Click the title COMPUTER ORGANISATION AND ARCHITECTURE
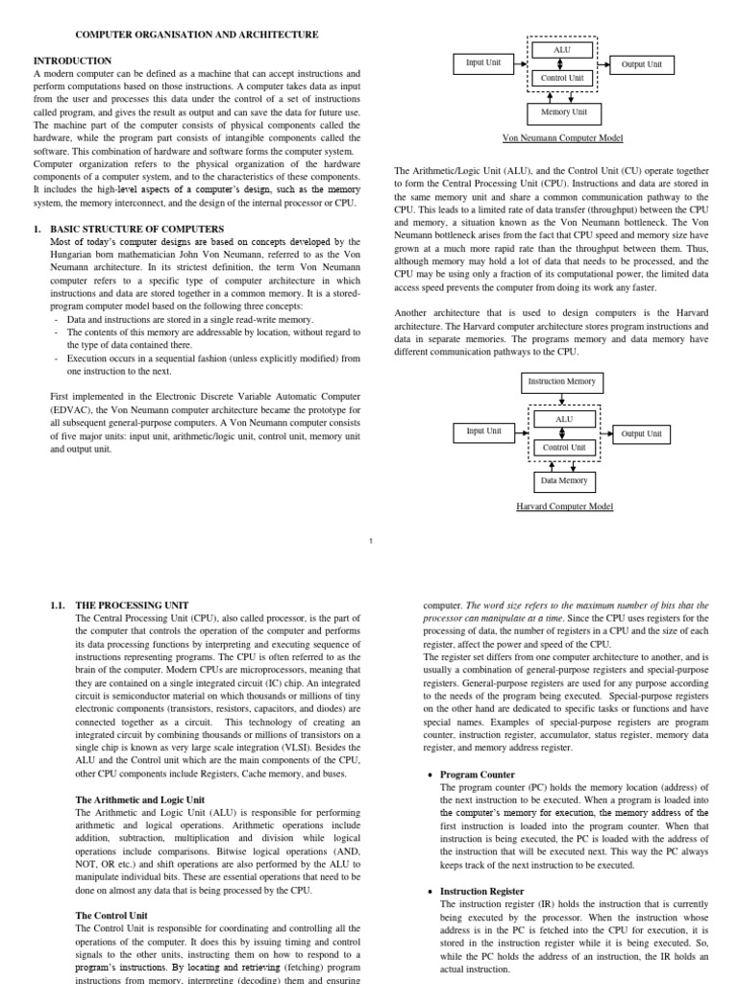(176, 35)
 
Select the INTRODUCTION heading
(73, 60)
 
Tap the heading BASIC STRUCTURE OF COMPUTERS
(136, 228)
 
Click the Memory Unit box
(563, 112)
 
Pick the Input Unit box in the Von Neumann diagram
(483, 63)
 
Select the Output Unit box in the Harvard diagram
(641, 433)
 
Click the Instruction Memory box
(562, 381)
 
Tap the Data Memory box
(563, 480)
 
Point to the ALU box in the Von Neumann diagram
(562, 49)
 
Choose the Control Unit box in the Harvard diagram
(563, 447)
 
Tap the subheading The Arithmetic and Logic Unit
(140, 799)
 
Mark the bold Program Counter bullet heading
(478, 775)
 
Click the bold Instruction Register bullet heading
(482, 892)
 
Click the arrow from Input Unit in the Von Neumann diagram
(521, 64)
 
